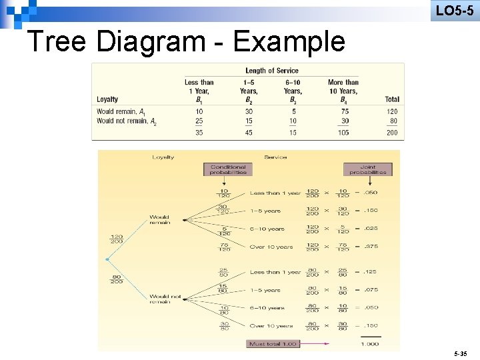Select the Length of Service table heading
[272, 70]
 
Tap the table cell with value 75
[344, 111]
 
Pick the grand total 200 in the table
[392, 133]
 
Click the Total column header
[392, 99]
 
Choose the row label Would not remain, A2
[127, 121]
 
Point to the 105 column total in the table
[344, 133]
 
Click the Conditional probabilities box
[228, 169]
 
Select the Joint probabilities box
[367, 169]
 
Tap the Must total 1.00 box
[273, 343]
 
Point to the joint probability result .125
[369, 272]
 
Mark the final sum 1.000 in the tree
[369, 344]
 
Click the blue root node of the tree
[107, 259]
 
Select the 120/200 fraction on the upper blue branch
[117, 239]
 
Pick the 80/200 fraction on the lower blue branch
[117, 279]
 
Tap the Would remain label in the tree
[159, 219]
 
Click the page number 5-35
[460, 351]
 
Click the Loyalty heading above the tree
[163, 157]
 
